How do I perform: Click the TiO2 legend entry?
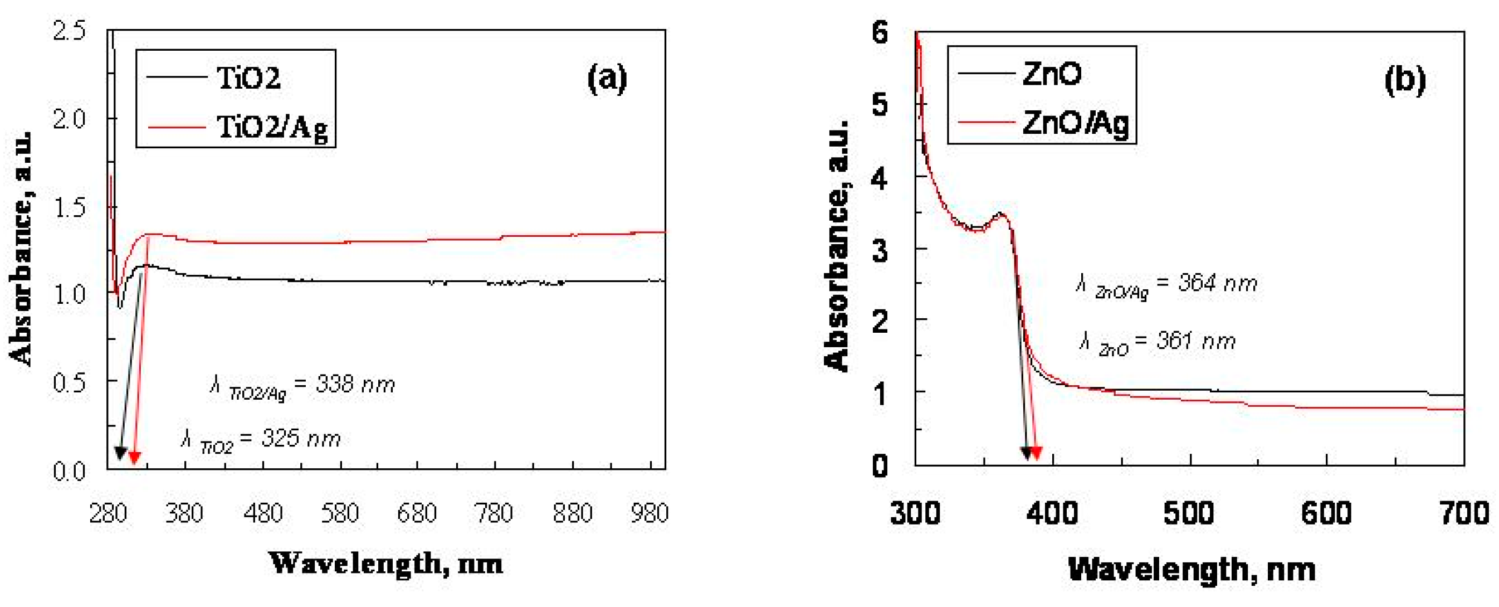click(x=248, y=77)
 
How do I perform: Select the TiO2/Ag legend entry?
click(x=271, y=127)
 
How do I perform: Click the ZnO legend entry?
click(x=1052, y=74)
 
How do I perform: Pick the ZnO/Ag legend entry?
click(x=1075, y=123)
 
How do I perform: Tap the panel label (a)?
click(x=607, y=79)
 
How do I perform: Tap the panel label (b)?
click(x=1405, y=80)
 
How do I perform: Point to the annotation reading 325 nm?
click(x=261, y=440)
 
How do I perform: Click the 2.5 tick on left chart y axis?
click(x=69, y=30)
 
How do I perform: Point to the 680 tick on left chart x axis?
click(x=417, y=513)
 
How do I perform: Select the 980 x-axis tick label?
click(x=649, y=513)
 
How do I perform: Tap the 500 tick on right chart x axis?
click(x=1189, y=513)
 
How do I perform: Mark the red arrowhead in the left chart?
click(x=134, y=457)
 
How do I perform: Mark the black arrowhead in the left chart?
click(x=120, y=453)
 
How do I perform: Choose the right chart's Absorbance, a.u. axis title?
click(x=837, y=245)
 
